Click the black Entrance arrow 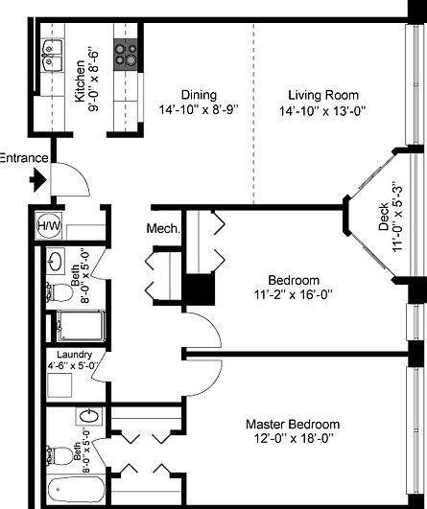[38, 179]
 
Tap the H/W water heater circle [48, 225]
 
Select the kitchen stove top [126, 55]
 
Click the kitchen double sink [52, 57]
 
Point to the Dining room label [199, 95]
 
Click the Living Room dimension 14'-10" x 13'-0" [322, 111]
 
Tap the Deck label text [384, 217]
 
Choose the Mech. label [163, 228]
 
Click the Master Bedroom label [293, 425]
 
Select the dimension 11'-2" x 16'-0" [293, 295]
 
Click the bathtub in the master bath [77, 491]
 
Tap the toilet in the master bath [59, 455]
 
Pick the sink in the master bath [89, 416]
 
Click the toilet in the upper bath [59, 292]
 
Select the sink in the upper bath [56, 261]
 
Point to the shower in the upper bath [81, 326]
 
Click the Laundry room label [75, 355]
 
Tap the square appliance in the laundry [59, 385]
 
